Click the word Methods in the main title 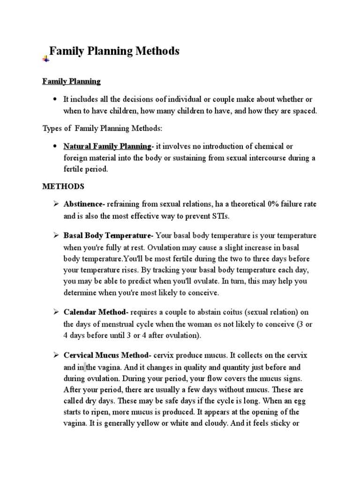(x=157, y=51)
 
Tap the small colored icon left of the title (x=46, y=59)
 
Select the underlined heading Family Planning (x=71, y=82)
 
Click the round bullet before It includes (x=55, y=99)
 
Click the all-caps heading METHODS (x=63, y=186)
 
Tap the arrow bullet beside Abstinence (x=55, y=204)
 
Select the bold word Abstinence (x=84, y=204)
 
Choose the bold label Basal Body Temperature (x=108, y=235)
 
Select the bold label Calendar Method (x=96, y=312)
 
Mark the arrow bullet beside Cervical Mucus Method (x=55, y=355)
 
